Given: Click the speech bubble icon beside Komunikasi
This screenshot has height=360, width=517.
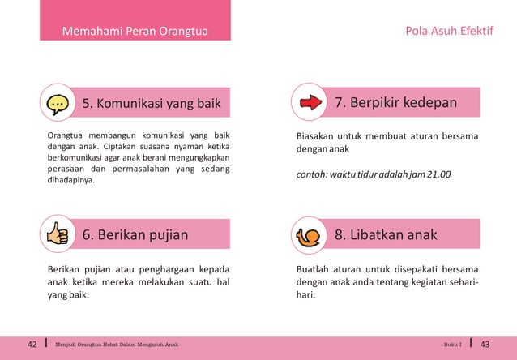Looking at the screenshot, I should (x=57, y=104).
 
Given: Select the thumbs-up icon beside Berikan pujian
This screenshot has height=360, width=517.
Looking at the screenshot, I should (x=57, y=235).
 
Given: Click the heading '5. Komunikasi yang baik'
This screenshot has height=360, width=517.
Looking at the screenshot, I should (x=152, y=104).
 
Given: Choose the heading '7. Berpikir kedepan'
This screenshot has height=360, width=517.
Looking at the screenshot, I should (x=395, y=103).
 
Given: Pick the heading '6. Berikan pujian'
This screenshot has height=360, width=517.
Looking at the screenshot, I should (x=135, y=235).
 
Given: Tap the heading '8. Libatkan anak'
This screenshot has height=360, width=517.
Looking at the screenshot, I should (x=386, y=235).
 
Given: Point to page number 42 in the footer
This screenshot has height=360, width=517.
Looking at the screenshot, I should (x=32, y=345).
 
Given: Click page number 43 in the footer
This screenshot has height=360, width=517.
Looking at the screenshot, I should (x=485, y=345).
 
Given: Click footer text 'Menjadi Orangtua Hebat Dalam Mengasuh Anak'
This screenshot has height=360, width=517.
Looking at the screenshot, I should (x=117, y=345).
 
